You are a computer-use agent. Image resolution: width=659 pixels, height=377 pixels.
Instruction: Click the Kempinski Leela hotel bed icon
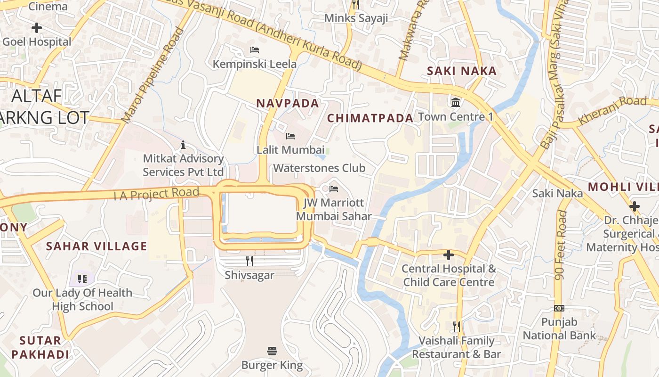click(255, 49)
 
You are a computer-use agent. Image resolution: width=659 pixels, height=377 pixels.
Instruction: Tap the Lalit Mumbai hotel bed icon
click(290, 136)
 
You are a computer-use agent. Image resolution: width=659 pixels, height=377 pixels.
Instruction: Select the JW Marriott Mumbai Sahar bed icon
click(334, 189)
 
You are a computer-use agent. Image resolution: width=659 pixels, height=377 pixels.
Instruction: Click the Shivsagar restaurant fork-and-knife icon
click(249, 261)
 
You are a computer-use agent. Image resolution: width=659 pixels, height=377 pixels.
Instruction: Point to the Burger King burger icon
click(272, 351)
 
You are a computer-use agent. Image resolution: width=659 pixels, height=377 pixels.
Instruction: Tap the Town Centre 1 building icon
click(455, 102)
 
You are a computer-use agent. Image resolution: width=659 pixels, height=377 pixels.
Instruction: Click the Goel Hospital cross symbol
click(36, 28)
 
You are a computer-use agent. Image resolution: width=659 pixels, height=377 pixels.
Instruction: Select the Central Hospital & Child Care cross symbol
click(449, 255)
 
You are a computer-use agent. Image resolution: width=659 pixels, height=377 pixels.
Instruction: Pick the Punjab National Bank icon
click(559, 308)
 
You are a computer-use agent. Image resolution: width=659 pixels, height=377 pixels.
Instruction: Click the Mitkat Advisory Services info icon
click(183, 145)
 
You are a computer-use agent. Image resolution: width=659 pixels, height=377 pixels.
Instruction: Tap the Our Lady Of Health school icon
click(82, 279)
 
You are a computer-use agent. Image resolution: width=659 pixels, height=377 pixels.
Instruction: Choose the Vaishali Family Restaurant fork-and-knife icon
click(456, 326)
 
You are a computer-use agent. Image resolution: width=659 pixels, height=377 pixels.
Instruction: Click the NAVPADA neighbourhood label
click(287, 103)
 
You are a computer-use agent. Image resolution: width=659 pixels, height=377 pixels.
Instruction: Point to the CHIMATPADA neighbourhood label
click(370, 118)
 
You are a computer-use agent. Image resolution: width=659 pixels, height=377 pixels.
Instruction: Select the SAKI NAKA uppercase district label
click(461, 71)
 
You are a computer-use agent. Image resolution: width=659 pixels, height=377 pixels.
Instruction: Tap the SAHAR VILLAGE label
click(96, 246)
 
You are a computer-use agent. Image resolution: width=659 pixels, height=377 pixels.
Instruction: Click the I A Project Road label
click(156, 193)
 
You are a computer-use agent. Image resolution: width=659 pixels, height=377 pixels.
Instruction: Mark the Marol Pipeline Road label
click(153, 75)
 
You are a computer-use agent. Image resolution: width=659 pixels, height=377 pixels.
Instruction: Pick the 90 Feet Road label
click(561, 245)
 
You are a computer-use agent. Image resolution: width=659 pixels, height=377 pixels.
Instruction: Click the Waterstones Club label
click(319, 168)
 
